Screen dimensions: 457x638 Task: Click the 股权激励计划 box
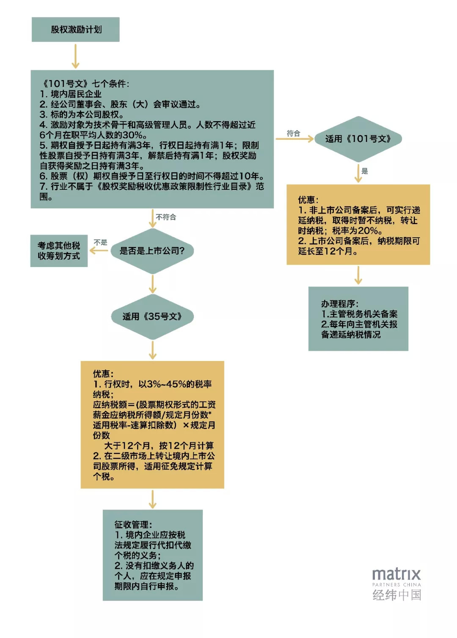click(x=75, y=29)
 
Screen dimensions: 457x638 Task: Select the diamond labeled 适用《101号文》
click(x=358, y=139)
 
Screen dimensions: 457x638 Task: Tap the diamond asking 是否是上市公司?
click(x=152, y=251)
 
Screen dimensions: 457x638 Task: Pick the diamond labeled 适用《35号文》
click(x=152, y=317)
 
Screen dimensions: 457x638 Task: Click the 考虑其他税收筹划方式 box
click(x=59, y=251)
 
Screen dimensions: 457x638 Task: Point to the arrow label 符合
click(x=293, y=133)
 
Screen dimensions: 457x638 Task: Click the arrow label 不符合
click(x=166, y=217)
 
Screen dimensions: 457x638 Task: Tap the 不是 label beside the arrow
click(x=100, y=242)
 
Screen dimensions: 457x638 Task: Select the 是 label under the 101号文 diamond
click(x=364, y=171)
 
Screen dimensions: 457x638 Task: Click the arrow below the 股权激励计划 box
click(x=75, y=56)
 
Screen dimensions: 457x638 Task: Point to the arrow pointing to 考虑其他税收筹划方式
click(x=99, y=251)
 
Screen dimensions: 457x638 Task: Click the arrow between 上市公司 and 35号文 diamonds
click(x=152, y=284)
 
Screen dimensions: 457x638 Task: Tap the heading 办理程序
click(x=340, y=304)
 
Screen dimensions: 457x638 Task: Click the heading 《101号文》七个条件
click(x=85, y=84)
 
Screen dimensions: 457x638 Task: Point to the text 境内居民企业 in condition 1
click(x=76, y=94)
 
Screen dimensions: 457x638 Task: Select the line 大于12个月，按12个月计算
click(x=159, y=446)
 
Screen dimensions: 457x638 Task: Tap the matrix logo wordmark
click(x=396, y=574)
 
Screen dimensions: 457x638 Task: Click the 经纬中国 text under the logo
click(x=396, y=595)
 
